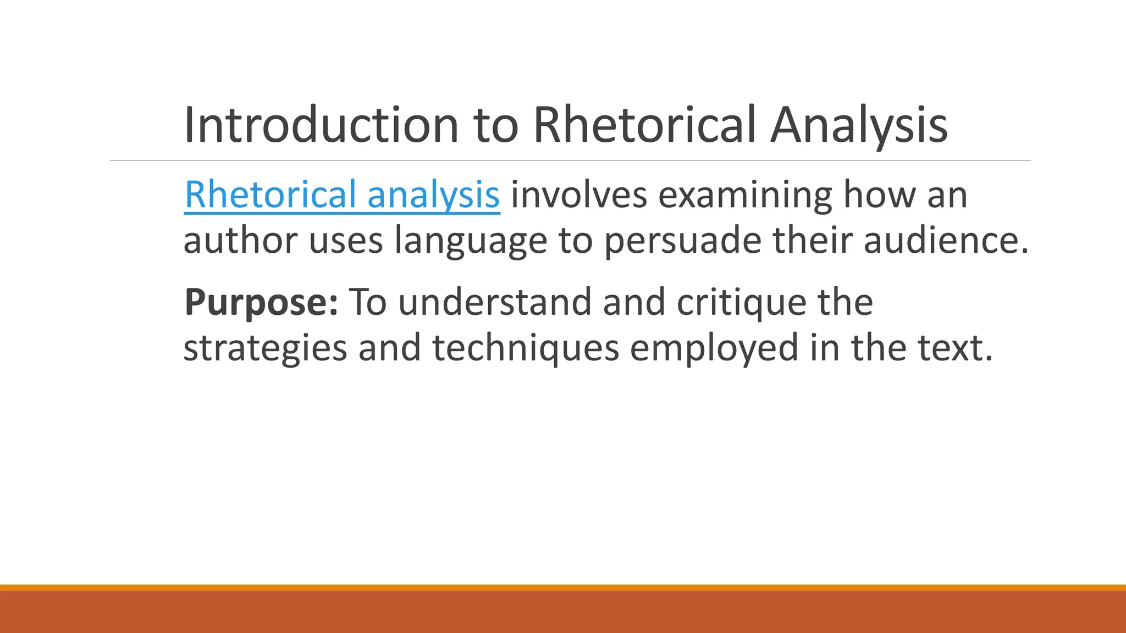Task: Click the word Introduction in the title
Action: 321,125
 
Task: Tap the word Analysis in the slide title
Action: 858,125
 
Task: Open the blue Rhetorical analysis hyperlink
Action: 341,195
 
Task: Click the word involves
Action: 578,195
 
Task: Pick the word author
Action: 240,241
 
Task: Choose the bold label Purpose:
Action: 261,303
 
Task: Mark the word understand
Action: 494,303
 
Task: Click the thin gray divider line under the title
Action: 570,160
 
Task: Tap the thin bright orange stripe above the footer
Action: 563,587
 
